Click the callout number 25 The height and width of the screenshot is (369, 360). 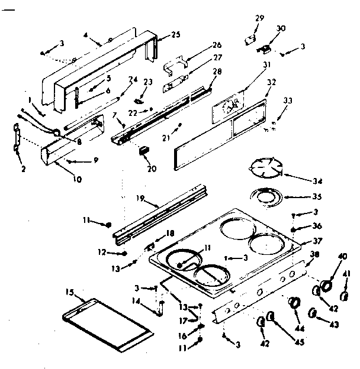(x=176, y=35)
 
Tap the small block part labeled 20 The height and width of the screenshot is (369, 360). (x=142, y=151)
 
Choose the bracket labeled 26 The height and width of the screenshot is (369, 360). (x=176, y=62)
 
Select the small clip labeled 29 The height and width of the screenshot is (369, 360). (x=249, y=40)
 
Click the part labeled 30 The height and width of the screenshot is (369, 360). (x=265, y=47)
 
